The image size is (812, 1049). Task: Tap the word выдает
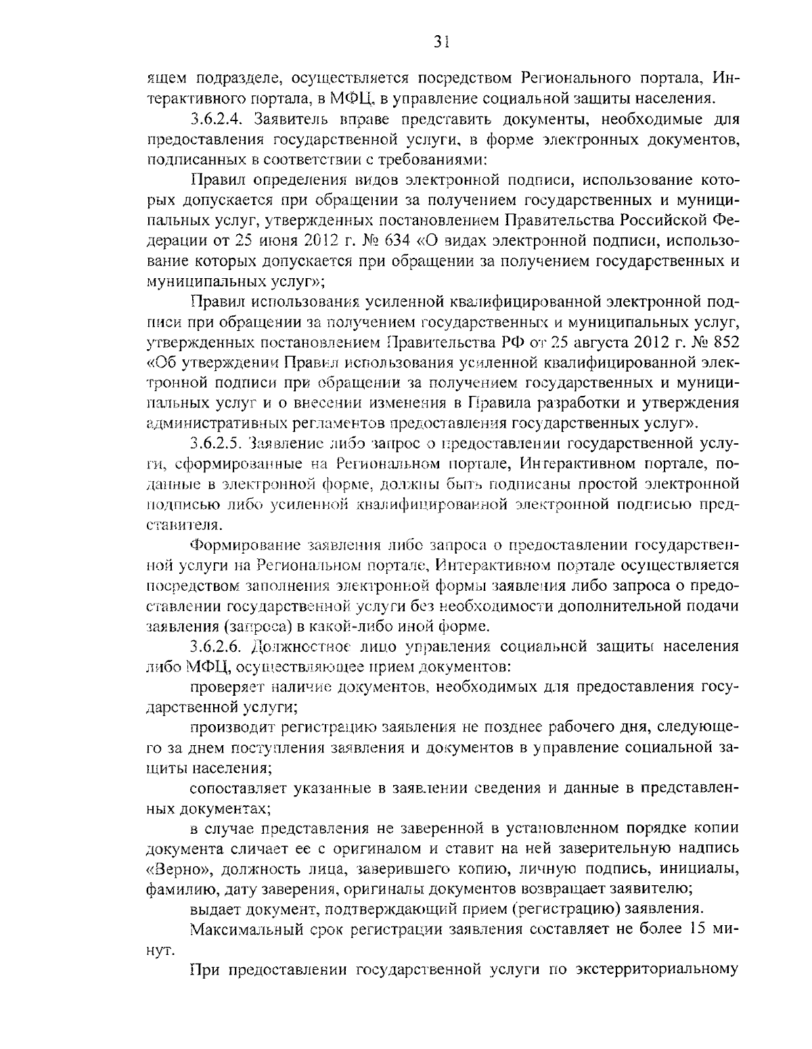coord(212,908)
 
